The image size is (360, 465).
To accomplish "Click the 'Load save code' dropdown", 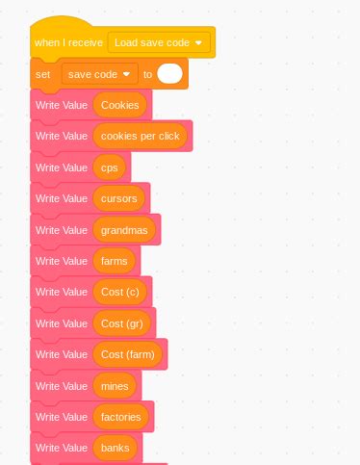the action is tap(159, 42).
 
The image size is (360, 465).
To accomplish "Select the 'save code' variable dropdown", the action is tap(99, 74).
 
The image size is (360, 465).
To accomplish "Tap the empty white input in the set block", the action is tap(170, 74).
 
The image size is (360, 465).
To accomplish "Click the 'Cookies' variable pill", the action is tap(120, 105).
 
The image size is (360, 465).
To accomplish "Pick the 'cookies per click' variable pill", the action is tap(141, 136).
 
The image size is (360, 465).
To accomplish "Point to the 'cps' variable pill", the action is tap(108, 168).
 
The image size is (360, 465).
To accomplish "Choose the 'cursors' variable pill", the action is tap(119, 198).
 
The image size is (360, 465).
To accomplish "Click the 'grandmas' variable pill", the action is tap(124, 230).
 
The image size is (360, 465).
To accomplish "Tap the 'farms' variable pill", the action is tap(114, 261).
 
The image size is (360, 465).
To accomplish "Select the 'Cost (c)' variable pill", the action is tap(119, 292).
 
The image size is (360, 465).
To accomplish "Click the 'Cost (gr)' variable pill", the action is tap(122, 323).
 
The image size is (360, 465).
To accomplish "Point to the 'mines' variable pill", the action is tap(115, 386).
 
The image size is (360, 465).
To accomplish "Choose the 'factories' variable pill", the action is tap(120, 417).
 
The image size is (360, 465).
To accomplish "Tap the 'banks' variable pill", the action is tap(115, 448).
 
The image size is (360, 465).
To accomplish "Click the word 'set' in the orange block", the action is tap(42, 74).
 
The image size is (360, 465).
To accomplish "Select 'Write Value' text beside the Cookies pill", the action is tap(62, 105).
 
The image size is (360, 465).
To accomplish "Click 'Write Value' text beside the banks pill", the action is tap(62, 448).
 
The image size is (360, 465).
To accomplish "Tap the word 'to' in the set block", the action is tap(147, 74).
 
